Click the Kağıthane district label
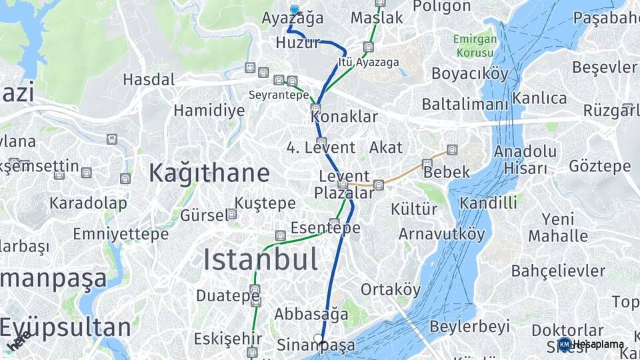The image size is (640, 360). tap(209, 173)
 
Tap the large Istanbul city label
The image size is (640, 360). tap(260, 259)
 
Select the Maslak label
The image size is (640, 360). tap(377, 17)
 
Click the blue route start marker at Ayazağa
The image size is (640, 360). tap(295, 9)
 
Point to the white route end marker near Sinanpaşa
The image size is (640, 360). tap(319, 339)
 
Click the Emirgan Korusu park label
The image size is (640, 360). tap(475, 45)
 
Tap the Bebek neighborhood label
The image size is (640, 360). tap(446, 171)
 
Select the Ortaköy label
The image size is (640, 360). tap(391, 289)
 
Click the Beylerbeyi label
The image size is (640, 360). tap(469, 327)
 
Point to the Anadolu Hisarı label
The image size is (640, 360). tap(525, 159)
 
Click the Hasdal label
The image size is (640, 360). tap(149, 80)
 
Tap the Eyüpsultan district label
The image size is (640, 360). tap(65, 327)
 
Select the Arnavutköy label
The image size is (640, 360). tap(441, 234)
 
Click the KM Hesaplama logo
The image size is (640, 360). tap(591, 344)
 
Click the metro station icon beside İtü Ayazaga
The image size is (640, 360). tap(369, 47)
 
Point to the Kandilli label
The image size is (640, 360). tap(488, 202)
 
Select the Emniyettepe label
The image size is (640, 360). tap(121, 234)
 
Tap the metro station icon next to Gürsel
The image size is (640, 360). tap(232, 214)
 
